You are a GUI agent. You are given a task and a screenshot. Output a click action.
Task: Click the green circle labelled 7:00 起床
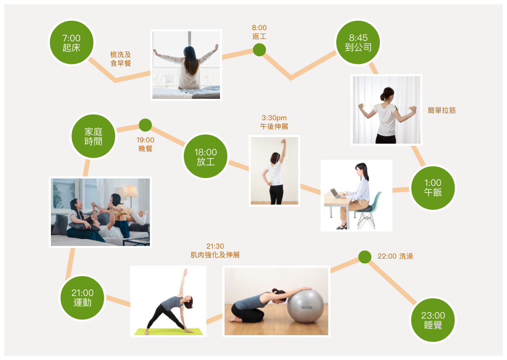coord(71,43)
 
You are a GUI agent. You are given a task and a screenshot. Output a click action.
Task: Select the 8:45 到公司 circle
coord(358,42)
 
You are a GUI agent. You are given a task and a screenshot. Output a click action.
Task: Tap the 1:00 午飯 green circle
coord(433,188)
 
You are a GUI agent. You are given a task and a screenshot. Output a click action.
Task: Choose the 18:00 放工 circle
coord(206,156)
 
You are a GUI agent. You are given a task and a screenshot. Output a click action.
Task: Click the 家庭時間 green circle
coord(94,136)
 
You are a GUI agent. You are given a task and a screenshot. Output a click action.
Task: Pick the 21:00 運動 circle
coord(82,298)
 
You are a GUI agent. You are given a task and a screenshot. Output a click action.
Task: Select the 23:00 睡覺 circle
coord(433,320)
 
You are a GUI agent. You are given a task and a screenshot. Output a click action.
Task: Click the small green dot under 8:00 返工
coord(259,50)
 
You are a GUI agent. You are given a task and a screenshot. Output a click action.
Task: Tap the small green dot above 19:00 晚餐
coord(145,125)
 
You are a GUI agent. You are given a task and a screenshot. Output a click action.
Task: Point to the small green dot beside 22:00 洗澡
coord(365,257)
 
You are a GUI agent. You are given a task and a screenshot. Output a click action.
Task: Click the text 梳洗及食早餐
coord(121,59)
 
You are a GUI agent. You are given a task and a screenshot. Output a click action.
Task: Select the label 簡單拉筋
coord(442,111)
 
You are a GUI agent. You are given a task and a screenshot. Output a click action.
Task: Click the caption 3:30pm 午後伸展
coord(274,122)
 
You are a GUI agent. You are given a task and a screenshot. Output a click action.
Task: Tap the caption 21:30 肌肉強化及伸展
coord(215,250)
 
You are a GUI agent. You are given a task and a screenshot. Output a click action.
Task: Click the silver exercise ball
coord(305,306)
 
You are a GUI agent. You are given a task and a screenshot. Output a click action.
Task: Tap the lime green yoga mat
coord(169,332)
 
